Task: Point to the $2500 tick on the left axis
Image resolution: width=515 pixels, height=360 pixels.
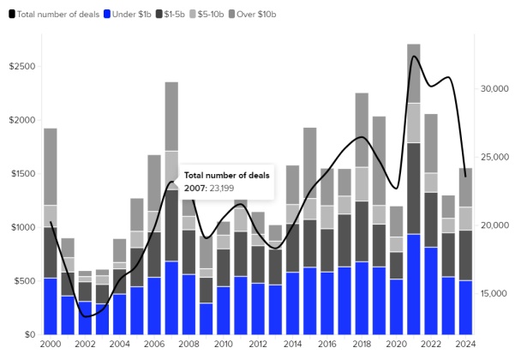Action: [21, 66]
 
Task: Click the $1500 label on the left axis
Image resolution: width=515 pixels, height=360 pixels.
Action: [21, 173]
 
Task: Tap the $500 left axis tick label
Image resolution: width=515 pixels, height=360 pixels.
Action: [23, 280]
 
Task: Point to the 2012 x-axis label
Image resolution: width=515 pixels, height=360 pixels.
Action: [257, 344]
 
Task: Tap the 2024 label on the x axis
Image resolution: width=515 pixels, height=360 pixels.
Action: [465, 344]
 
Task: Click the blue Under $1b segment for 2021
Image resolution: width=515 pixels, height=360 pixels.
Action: [414, 283]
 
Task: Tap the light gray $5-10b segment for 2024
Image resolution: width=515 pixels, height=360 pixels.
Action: [465, 219]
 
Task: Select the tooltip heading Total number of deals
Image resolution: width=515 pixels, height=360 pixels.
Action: [227, 175]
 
